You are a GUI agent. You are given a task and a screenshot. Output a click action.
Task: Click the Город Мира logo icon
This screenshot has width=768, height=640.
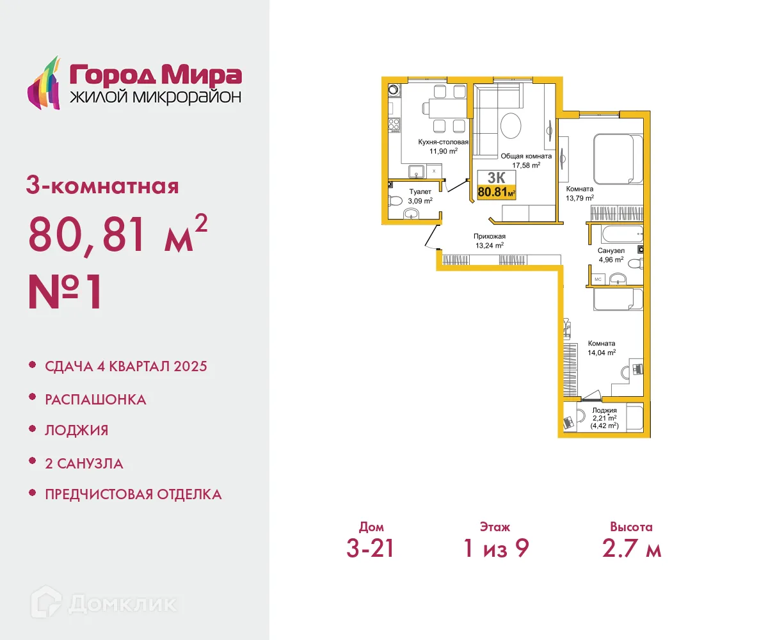[44, 83]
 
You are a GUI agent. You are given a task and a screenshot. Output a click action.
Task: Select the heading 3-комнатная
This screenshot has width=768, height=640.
[102, 186]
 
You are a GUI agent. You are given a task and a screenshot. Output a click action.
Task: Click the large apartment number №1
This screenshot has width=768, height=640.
[65, 292]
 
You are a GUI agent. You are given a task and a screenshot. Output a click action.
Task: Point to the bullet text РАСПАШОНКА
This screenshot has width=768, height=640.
[95, 399]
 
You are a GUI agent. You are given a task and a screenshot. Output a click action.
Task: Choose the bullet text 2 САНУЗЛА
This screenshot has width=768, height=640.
[84, 463]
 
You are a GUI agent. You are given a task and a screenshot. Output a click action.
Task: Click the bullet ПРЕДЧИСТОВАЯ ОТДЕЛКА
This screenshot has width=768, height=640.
[133, 495]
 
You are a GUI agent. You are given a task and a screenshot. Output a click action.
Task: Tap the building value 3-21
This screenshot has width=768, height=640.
[370, 548]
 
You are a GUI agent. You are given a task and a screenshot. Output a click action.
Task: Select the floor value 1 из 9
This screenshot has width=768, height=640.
[496, 548]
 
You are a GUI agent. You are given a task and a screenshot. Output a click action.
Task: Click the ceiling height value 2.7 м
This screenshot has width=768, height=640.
[631, 548]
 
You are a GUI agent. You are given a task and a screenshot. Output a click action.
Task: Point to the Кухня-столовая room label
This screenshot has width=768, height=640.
[444, 142]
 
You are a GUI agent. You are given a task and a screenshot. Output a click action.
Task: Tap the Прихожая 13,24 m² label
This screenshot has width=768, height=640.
[490, 240]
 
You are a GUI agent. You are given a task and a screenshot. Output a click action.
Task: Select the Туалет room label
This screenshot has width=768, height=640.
[420, 191]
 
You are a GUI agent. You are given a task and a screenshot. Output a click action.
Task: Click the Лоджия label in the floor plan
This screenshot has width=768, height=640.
[604, 410]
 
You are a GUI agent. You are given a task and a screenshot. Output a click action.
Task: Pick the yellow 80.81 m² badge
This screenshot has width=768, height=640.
[497, 191]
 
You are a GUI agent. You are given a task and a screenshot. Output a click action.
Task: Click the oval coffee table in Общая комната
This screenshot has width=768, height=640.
[511, 125]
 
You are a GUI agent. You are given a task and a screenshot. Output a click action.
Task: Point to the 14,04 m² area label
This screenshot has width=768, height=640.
[602, 352]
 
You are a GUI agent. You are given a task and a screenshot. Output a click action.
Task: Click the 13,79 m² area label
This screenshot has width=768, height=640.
[580, 198]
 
